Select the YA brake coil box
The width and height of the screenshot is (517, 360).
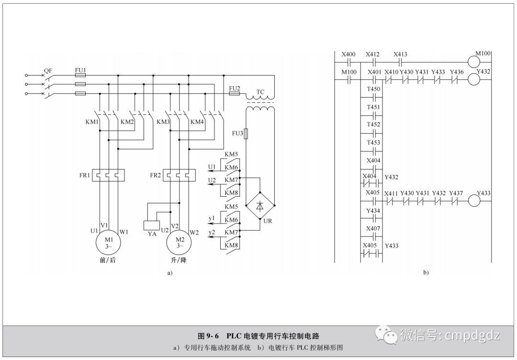click(x=152, y=225)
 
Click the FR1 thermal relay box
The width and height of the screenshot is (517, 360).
click(x=109, y=175)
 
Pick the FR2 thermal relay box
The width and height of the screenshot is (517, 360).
click(x=179, y=175)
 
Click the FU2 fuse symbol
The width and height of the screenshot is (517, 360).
click(x=234, y=94)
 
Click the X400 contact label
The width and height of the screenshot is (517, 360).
click(x=348, y=55)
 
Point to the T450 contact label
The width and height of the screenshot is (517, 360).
click(x=373, y=89)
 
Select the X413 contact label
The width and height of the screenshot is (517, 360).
click(x=400, y=55)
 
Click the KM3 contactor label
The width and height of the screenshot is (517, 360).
click(x=163, y=122)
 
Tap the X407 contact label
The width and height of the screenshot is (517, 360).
click(x=373, y=228)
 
